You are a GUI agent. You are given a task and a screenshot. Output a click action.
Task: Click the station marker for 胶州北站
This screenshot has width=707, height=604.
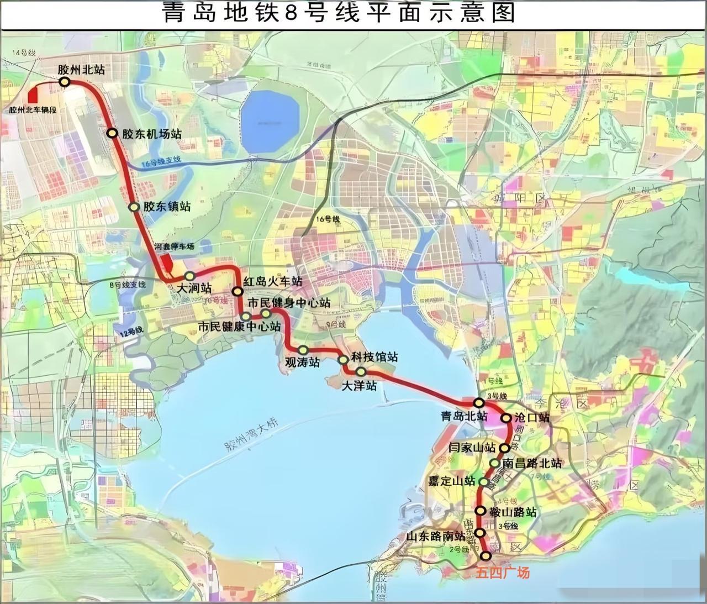point(65,82)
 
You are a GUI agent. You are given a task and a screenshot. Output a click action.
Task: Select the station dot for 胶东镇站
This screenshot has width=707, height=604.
point(134,207)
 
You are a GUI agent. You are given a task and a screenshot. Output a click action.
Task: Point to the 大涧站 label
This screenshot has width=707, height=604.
point(193,288)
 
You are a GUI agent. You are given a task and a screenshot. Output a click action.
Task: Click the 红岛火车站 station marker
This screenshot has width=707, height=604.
point(238,291)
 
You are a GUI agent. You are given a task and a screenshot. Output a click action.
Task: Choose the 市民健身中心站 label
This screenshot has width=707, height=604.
point(289,303)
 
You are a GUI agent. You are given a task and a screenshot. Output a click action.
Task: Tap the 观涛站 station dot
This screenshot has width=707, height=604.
point(303,350)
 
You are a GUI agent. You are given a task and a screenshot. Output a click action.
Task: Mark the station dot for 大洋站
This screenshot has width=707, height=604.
point(361,371)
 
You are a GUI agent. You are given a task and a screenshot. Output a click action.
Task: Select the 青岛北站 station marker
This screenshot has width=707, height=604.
point(479,403)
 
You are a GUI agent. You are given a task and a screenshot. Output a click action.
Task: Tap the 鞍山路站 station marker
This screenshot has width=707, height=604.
point(482,511)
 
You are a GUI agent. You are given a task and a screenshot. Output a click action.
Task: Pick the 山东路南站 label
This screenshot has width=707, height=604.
point(436,535)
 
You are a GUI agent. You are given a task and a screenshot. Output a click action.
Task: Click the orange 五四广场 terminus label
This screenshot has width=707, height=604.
point(503,573)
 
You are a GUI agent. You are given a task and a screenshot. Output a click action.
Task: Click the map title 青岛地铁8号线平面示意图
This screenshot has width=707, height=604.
point(338,12)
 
